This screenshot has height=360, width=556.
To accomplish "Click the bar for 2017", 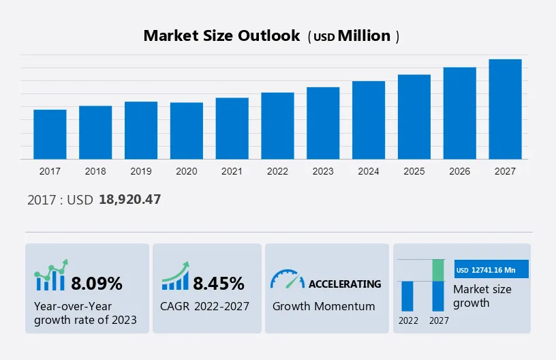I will (50, 134).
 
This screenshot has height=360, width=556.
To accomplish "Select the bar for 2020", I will (187, 131).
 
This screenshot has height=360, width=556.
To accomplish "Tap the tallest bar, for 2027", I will (505, 109).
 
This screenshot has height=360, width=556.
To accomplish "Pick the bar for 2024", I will (369, 120).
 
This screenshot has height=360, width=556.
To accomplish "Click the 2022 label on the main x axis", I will (277, 171).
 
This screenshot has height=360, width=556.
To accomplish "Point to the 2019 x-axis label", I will (141, 171).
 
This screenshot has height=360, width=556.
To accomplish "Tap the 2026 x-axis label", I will (460, 171).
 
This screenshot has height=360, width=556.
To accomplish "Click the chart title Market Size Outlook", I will (221, 36).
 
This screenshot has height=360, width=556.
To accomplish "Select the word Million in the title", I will (365, 36).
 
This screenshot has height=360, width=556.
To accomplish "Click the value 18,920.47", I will (129, 199).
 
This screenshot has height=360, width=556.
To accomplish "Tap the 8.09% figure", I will (97, 283).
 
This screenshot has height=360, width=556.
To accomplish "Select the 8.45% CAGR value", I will (218, 283).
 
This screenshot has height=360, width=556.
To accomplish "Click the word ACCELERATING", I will (345, 284).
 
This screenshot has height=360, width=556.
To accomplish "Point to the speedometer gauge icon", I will (287, 280).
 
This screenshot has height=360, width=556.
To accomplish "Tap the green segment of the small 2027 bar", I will (439, 270).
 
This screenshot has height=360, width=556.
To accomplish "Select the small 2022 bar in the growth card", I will (407, 296).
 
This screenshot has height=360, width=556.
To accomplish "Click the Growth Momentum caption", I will (324, 306).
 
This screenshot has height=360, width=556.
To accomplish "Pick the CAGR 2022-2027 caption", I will (205, 306).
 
